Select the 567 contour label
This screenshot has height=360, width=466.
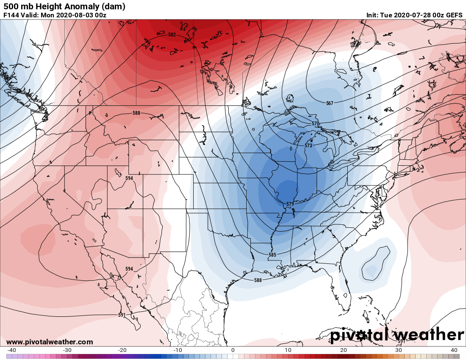[330, 103]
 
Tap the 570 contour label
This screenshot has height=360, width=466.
[316, 124]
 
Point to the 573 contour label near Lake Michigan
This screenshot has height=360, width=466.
[308, 146]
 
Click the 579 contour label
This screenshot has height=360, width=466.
[290, 204]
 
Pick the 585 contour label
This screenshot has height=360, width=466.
[272, 255]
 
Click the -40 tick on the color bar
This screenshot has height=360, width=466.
[12, 350]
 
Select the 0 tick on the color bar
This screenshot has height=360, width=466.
[233, 350]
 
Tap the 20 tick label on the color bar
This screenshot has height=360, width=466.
[344, 350]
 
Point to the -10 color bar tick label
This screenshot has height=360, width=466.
[178, 350]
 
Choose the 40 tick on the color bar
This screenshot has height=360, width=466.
[454, 350]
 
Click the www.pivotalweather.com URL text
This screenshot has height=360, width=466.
[50, 342]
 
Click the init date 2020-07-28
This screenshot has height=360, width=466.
[411, 15]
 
